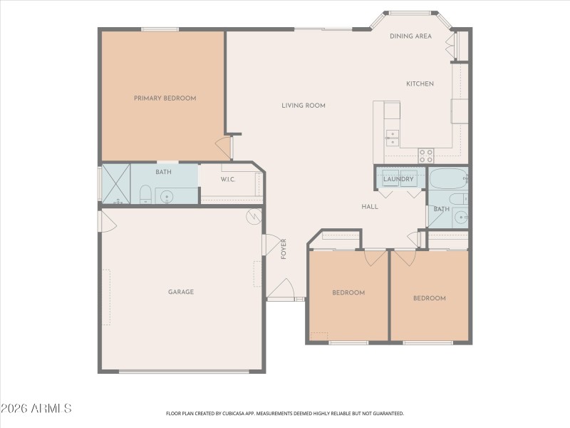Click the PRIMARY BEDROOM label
(x=165, y=98)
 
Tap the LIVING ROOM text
(x=303, y=106)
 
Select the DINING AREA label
(x=410, y=36)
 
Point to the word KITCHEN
(x=420, y=84)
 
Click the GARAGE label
(x=181, y=292)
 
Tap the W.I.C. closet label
(x=228, y=179)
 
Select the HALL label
(x=370, y=207)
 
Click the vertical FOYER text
(x=283, y=248)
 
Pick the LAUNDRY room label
(x=398, y=179)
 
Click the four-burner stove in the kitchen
(x=426, y=155)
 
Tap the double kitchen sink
(x=392, y=138)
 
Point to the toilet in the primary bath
(x=145, y=195)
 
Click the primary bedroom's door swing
(x=225, y=148)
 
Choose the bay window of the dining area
(x=411, y=13)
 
